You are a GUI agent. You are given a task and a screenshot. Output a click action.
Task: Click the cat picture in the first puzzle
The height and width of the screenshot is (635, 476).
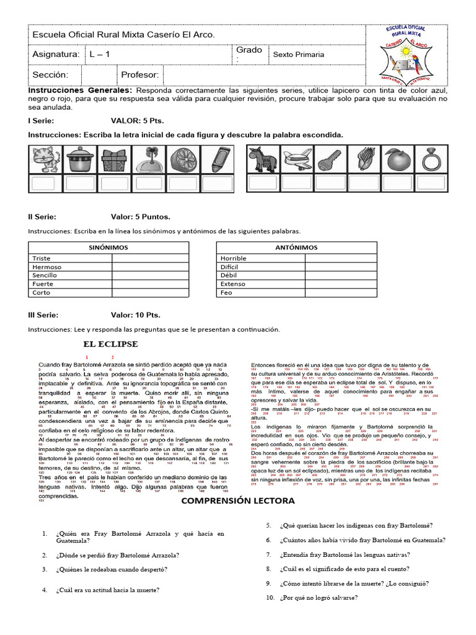[x=46, y=159]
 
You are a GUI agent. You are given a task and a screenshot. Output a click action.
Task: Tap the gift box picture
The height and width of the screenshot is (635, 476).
[x=115, y=159]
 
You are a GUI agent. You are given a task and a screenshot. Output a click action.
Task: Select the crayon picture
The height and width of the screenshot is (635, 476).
[x=217, y=159]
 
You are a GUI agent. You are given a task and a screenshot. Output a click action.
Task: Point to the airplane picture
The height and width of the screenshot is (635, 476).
[x=297, y=159]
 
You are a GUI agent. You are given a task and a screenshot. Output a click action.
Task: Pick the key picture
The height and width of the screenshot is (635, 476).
[x=331, y=159]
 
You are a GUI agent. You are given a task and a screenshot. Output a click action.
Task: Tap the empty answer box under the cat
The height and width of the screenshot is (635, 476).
[x=46, y=183]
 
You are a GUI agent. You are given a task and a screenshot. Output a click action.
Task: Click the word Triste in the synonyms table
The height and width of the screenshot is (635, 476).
[x=42, y=258]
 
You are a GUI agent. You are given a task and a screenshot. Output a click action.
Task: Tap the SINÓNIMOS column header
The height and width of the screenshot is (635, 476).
[x=108, y=247]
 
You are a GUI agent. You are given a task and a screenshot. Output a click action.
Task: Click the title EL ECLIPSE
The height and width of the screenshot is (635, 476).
[x=111, y=344]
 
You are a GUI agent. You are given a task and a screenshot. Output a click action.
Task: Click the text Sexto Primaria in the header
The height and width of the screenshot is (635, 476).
[x=299, y=55]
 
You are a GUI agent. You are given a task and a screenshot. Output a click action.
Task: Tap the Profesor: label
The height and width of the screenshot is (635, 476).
[x=140, y=75]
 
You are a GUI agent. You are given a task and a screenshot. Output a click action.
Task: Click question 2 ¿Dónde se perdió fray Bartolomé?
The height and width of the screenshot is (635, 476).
[x=118, y=555]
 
